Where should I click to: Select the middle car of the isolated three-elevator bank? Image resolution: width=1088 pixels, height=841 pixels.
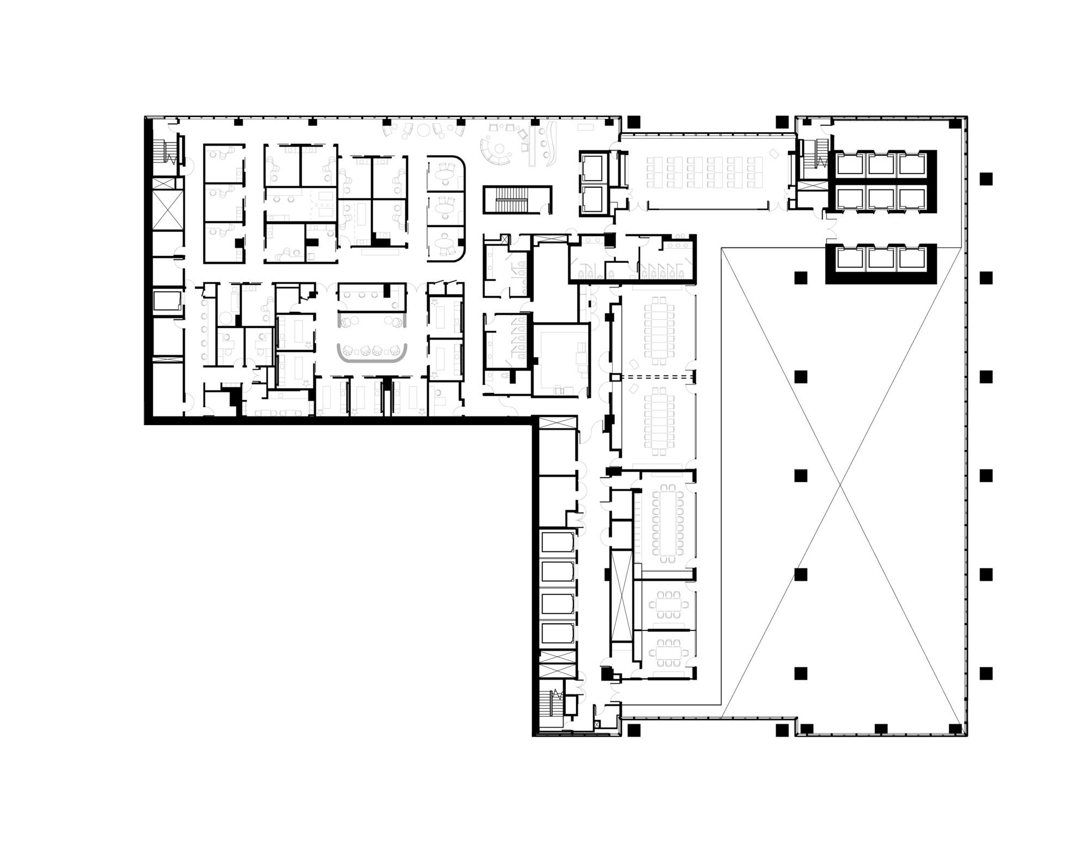(x=881, y=259)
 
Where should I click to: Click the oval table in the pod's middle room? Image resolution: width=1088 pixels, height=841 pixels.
(x=446, y=207)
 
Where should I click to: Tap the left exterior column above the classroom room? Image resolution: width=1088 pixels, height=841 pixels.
(x=633, y=121)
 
